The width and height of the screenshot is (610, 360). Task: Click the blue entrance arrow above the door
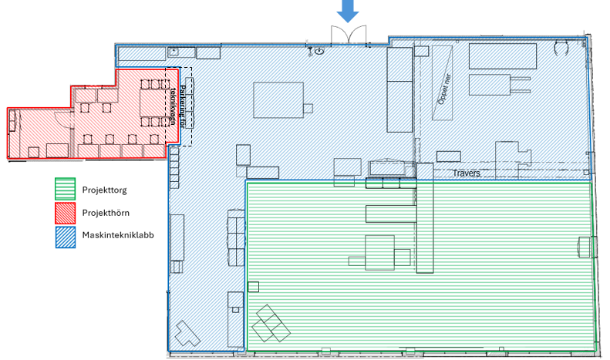[347, 10]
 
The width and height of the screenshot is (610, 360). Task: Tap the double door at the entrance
[349, 35]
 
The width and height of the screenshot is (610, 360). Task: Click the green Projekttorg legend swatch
[65, 189]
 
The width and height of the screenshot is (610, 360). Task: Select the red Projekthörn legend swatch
[65, 213]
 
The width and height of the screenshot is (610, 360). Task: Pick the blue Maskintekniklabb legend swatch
[65, 237]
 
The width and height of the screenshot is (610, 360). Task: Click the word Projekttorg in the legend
[104, 190]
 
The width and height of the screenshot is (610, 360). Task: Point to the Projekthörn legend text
[106, 213]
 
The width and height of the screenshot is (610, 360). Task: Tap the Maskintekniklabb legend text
[118, 235]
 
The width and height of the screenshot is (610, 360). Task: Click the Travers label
[467, 173]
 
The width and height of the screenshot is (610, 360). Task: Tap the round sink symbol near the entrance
[319, 51]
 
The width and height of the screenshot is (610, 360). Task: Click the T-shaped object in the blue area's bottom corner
[187, 333]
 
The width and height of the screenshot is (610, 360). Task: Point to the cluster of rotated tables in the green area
[271, 324]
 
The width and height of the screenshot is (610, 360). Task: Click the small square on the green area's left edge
[253, 287]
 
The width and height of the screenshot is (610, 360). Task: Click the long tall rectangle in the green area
[425, 217]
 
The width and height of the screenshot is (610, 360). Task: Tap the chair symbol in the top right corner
[561, 48]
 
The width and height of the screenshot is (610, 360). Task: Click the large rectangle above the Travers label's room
[503, 56]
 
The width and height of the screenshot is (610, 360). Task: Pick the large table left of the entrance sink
[278, 100]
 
